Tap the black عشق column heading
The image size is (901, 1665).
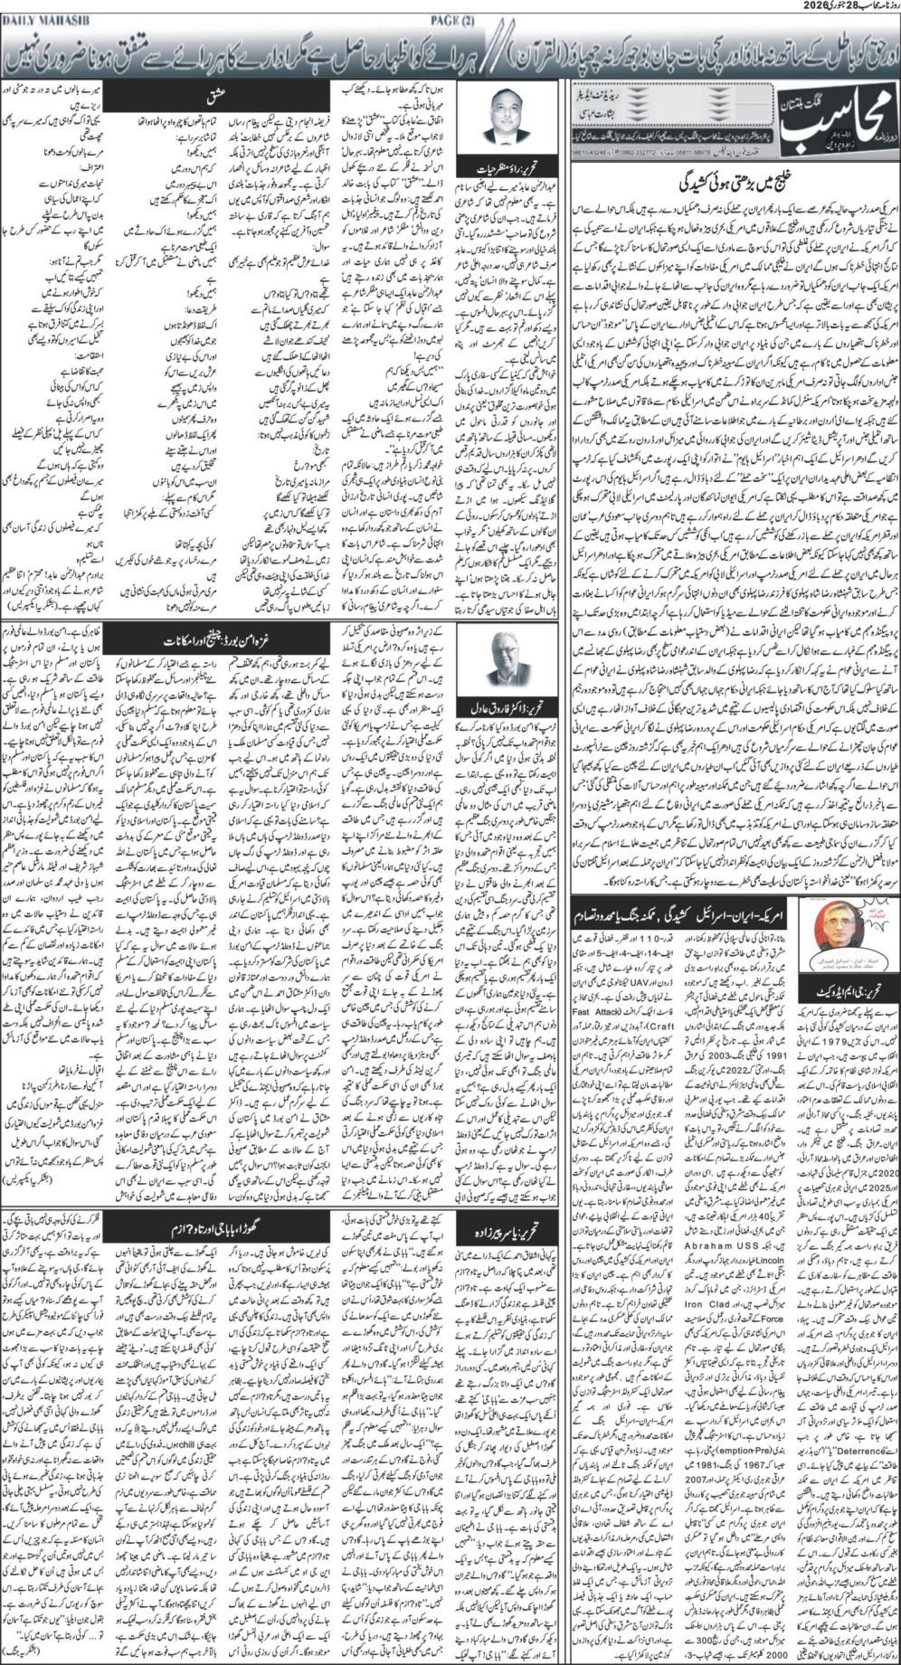pyautogui.click(x=217, y=92)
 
